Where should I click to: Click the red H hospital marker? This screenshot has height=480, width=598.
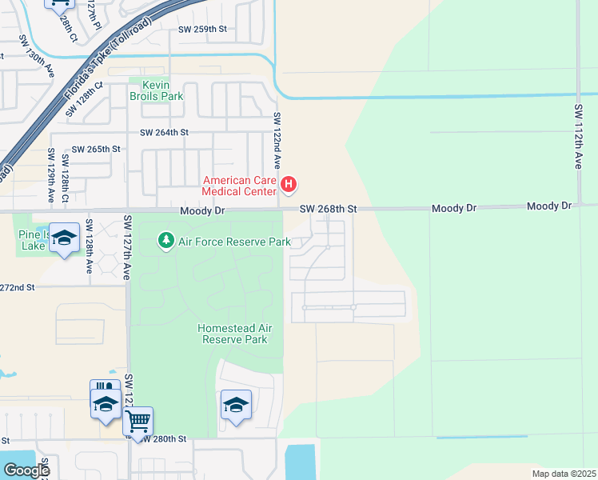[x=289, y=186]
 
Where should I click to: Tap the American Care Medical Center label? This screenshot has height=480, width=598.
[x=239, y=186]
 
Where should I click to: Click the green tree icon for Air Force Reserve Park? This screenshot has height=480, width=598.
[x=165, y=241]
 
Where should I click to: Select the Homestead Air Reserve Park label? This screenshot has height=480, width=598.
[x=232, y=334]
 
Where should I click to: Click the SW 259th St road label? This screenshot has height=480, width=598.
[x=202, y=29]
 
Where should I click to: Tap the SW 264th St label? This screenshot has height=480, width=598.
[x=164, y=133]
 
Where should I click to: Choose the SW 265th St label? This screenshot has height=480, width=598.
[x=96, y=149]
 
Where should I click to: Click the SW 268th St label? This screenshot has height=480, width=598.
[x=327, y=209]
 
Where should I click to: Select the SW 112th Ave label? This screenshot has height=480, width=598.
[x=578, y=136]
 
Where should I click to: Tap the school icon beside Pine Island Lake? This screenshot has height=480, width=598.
[x=65, y=237]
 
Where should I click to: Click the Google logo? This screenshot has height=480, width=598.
[x=26, y=470]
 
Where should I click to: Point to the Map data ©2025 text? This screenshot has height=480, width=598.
[x=564, y=474]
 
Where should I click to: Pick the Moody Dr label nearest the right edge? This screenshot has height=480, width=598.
[x=549, y=206]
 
